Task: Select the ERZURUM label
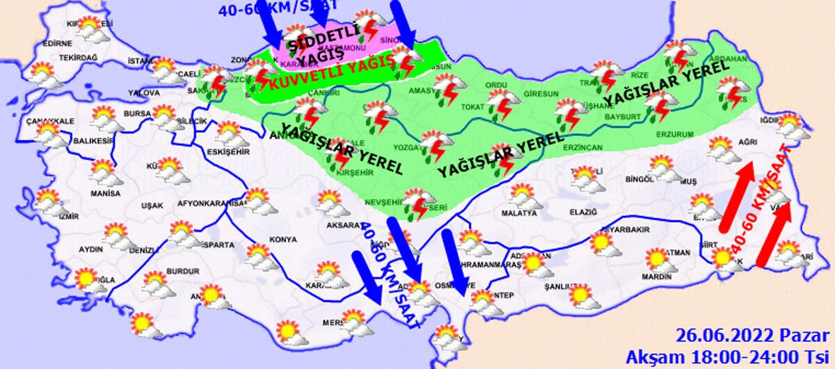[675, 133]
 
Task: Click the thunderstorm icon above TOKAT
[502, 102]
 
